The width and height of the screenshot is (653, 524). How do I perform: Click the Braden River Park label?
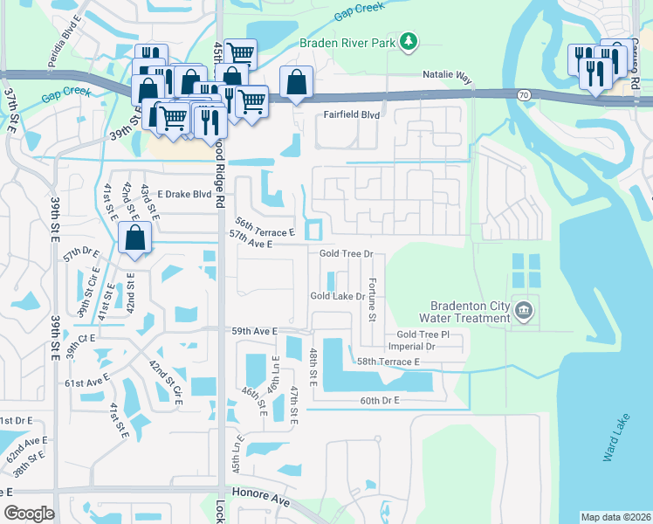point(347,41)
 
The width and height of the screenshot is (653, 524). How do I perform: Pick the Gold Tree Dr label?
point(346,253)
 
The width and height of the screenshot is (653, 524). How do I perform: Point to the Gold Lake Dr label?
point(337,296)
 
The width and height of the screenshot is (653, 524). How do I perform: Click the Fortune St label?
point(372,299)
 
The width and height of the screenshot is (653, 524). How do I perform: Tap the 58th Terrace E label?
point(388,362)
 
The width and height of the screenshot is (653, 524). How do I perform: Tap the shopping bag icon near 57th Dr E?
point(135,239)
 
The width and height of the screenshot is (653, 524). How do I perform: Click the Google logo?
point(29,514)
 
